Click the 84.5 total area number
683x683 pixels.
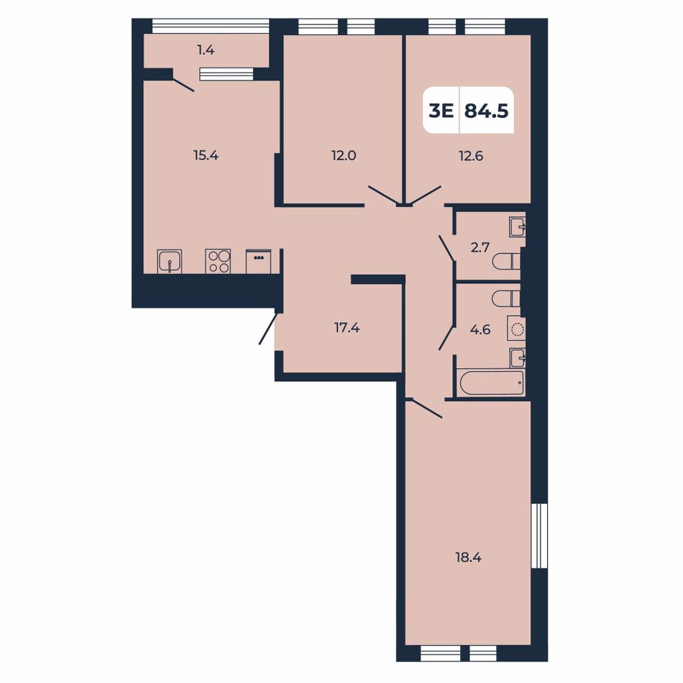(x=487, y=111)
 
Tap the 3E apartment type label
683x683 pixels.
(x=441, y=111)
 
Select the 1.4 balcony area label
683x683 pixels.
(x=206, y=50)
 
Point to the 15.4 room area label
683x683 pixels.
(x=206, y=155)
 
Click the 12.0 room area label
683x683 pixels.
(x=344, y=155)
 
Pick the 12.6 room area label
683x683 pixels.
(x=471, y=155)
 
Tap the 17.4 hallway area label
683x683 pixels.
(x=347, y=328)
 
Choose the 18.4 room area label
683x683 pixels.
(x=469, y=557)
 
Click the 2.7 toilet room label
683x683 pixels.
(x=480, y=247)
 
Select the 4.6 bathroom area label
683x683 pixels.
(x=480, y=330)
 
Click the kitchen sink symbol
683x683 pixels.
(x=170, y=262)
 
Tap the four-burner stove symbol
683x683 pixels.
(x=219, y=262)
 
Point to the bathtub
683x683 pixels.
(x=491, y=383)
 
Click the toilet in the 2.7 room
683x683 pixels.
(x=507, y=262)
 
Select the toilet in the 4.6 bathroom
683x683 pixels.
(x=507, y=299)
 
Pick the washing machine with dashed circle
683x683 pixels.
(x=516, y=329)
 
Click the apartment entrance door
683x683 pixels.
(x=267, y=329)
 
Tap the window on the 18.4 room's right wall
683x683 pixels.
(x=538, y=536)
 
